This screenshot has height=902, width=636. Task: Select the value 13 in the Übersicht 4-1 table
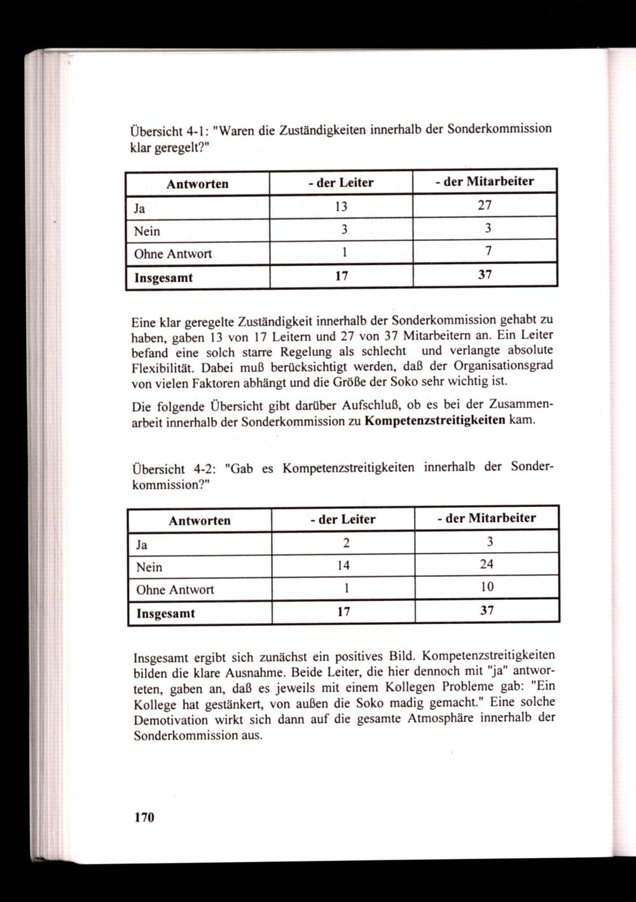pos(342,206)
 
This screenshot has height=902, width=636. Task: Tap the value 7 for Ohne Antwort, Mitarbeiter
pos(487,251)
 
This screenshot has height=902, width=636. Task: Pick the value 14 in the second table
pos(343,565)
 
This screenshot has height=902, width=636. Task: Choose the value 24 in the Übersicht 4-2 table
pos(487,564)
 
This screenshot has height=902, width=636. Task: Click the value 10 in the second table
pos(487,587)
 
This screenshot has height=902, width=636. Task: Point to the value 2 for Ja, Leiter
pos(344,543)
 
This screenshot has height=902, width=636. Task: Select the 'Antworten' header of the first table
pos(197,184)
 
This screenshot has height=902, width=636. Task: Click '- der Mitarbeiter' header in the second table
pos(487,518)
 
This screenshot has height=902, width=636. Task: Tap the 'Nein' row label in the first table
pos(147,231)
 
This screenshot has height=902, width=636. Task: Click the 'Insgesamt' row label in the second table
pos(165,614)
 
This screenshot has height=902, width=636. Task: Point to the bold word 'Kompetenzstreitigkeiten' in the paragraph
pos(436,420)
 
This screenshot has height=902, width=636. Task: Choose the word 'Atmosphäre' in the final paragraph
pos(442,718)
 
